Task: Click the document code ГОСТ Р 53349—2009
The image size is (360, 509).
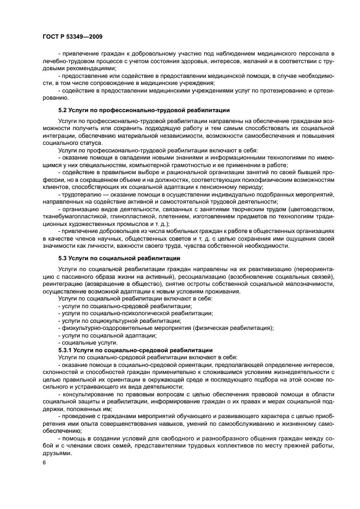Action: coord(72,36)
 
